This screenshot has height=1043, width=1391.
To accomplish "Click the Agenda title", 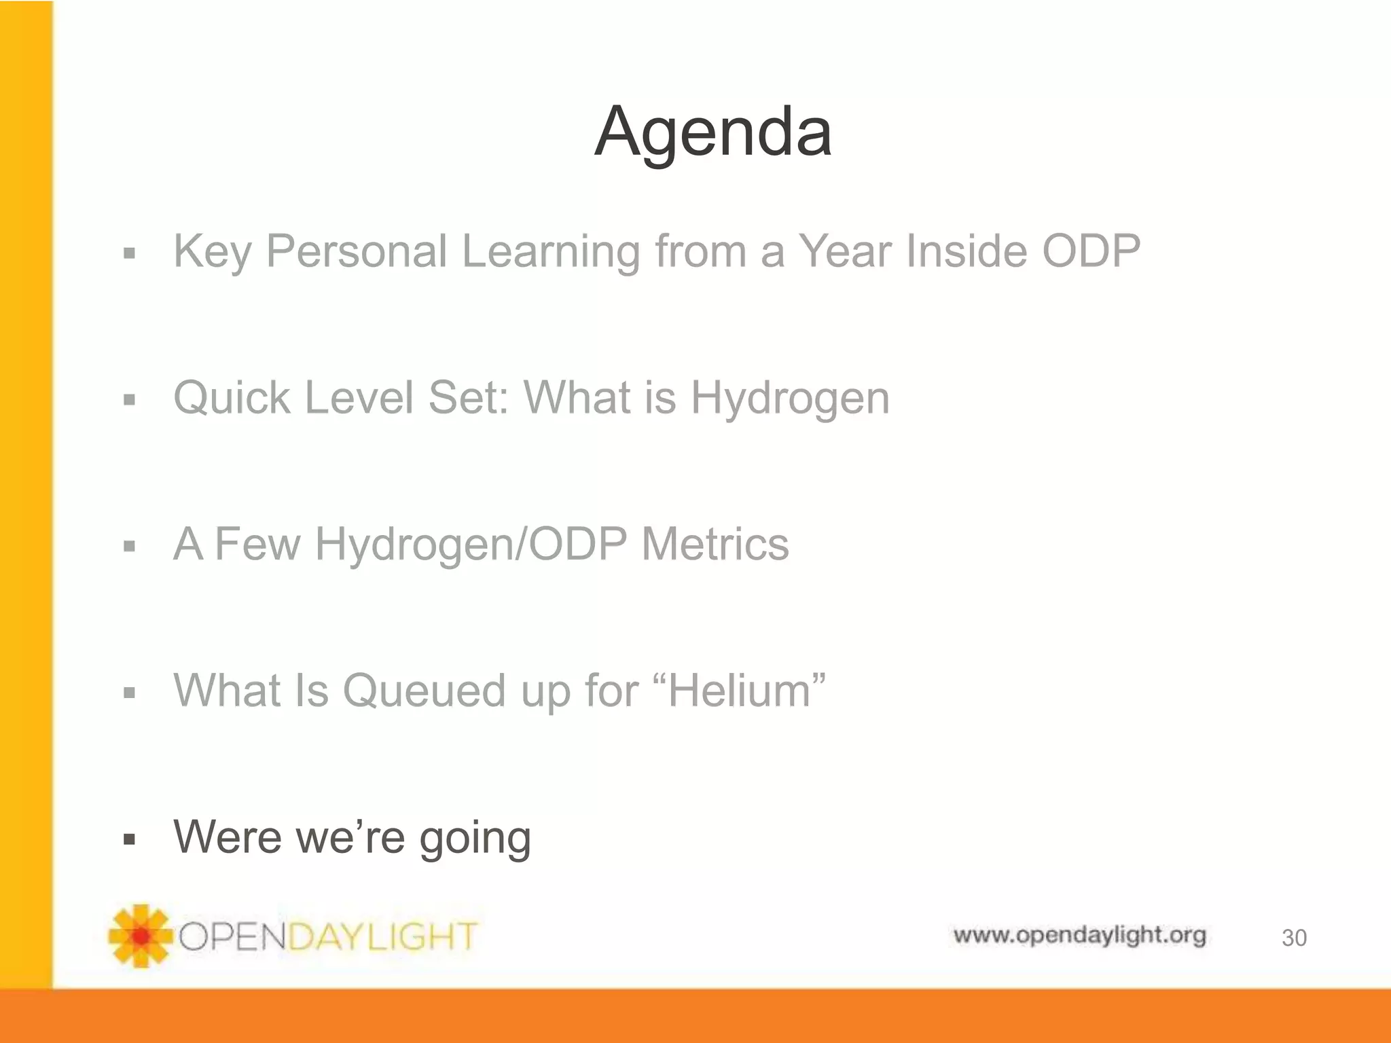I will [713, 132].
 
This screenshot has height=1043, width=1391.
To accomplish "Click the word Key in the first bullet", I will [213, 252].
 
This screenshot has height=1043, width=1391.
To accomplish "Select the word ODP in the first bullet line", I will [1091, 251].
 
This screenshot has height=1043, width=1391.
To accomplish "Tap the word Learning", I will [550, 252].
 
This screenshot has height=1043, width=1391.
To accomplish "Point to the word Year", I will [844, 251].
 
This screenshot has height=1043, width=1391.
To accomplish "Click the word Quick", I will [231, 398].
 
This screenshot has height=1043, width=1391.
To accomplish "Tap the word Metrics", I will [715, 544].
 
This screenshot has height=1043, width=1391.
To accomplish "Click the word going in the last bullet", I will [475, 839].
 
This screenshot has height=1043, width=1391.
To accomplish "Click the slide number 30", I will [1294, 938].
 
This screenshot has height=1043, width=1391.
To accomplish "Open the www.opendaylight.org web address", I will [1079, 936].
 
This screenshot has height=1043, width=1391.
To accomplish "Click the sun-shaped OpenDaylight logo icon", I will [141, 936].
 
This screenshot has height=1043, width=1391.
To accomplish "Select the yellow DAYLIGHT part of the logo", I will [384, 937].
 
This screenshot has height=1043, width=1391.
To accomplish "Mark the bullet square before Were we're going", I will [130, 839].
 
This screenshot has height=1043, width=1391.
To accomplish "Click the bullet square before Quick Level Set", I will [130, 400].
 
